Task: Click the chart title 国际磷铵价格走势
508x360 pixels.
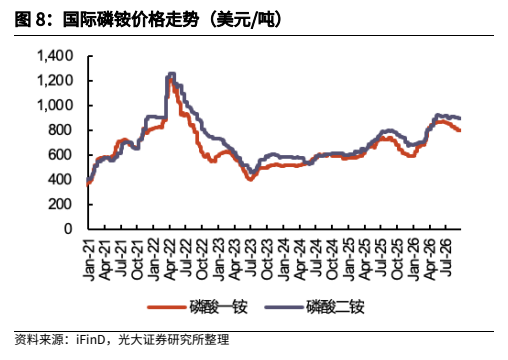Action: click(x=131, y=19)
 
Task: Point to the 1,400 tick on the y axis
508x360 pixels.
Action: click(x=55, y=56)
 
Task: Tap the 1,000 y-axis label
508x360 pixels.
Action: click(x=55, y=105)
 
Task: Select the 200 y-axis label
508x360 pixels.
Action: click(x=60, y=204)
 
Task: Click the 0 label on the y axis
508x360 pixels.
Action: click(x=68, y=229)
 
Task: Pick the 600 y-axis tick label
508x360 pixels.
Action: click(x=60, y=155)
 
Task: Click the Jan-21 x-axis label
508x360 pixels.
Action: click(x=89, y=260)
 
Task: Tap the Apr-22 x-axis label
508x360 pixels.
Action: click(x=170, y=260)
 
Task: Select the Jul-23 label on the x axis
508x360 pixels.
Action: click(x=251, y=258)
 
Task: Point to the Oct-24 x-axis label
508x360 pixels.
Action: click(x=332, y=260)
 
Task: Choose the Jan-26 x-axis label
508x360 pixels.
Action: click(x=413, y=260)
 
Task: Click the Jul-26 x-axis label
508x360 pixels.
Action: click(x=446, y=258)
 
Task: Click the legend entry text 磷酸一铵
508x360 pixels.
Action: click(x=218, y=307)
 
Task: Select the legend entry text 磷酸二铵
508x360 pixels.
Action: click(x=335, y=307)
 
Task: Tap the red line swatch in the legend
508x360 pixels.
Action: click(x=167, y=307)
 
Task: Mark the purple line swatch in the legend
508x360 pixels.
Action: click(x=284, y=307)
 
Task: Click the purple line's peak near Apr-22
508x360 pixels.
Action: click(x=172, y=74)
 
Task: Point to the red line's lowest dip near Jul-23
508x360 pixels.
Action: click(x=250, y=179)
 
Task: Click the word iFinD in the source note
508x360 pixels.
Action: click(x=91, y=340)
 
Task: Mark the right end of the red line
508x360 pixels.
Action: click(x=460, y=130)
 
